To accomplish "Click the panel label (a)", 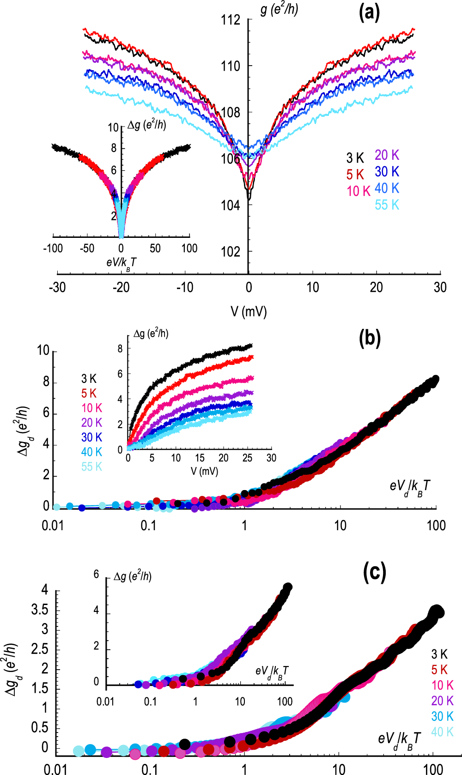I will coord(369,13).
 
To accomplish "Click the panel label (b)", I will coord(370,339).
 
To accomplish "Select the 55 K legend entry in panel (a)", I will coord(387,205).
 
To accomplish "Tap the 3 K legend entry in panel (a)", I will coord(355,158).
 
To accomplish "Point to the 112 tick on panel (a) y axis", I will coord(231,20).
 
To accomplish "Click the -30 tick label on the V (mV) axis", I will coord(57,287).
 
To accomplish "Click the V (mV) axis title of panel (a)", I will coord(249,311).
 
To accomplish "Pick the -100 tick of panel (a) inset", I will coord(53,248).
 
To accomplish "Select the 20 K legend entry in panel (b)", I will coord(91,423).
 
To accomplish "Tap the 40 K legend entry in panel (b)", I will coord(91,452).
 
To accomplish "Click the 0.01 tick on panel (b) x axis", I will coord(53,526).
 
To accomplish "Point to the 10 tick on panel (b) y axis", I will coord(43,351).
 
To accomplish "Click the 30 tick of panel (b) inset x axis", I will coord(271,458).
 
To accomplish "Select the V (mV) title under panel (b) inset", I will coord(204,471).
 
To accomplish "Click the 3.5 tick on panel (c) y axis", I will coord(39,610).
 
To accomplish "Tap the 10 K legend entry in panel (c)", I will coord(442,685).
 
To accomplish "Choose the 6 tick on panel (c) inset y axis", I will coord(96,574).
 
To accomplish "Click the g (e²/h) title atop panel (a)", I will coord(279,9).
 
